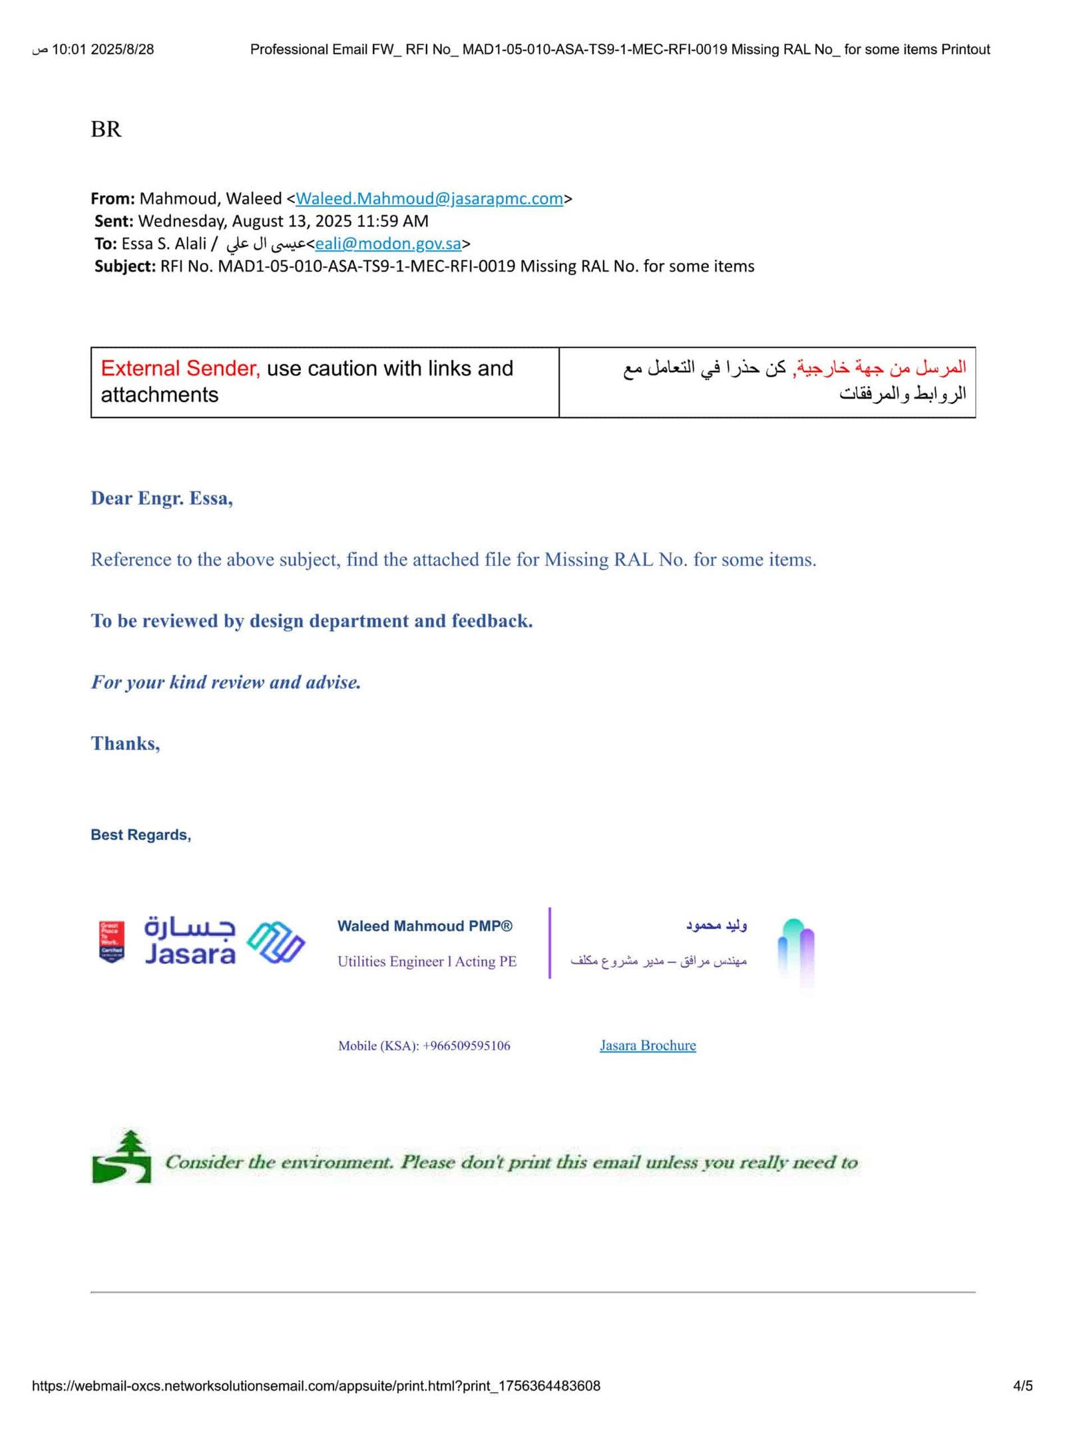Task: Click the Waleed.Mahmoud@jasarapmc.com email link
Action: [x=429, y=198]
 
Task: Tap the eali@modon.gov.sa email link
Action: [x=388, y=244]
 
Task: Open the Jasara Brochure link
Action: [x=647, y=1045]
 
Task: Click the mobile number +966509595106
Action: [x=466, y=1046]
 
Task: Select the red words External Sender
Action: [x=180, y=368]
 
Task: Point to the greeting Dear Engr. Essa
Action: [x=162, y=498]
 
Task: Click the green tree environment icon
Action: [x=122, y=1157]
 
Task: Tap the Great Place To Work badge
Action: [x=111, y=941]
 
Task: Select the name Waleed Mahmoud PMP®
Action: [x=425, y=926]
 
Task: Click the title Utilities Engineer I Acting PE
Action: [x=427, y=961]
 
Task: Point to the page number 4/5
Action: [x=1022, y=1386]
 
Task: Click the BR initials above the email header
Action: [x=106, y=129]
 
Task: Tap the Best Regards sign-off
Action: [x=140, y=835]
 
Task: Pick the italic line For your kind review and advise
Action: [x=226, y=682]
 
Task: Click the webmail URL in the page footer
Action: [x=316, y=1386]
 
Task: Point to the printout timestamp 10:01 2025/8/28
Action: [x=103, y=49]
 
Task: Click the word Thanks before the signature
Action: [x=125, y=743]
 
